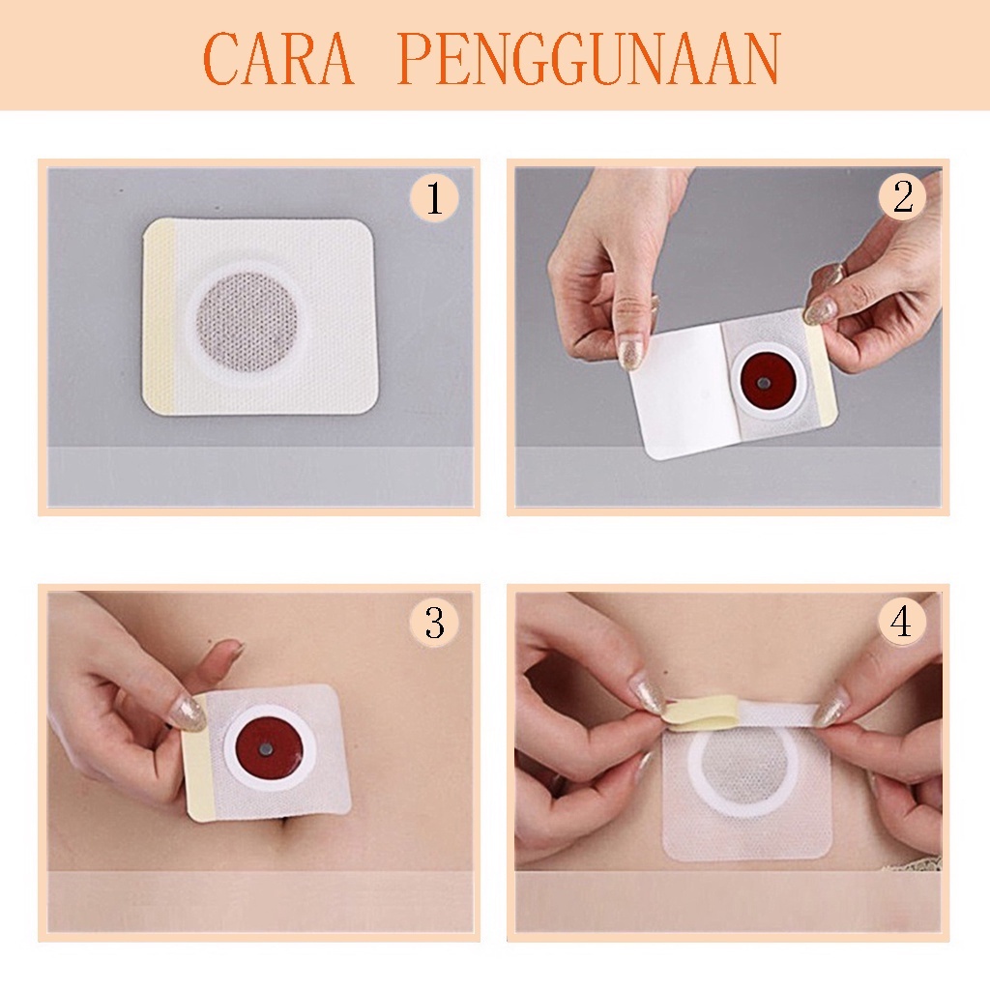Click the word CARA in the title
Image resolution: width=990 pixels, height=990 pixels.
click(278, 58)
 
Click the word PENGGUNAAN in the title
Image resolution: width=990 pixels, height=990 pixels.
click(589, 58)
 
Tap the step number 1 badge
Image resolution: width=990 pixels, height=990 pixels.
click(434, 197)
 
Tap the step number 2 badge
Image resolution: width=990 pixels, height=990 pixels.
click(902, 197)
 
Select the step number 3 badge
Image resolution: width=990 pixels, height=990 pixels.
click(434, 623)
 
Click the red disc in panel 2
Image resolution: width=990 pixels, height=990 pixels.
click(764, 381)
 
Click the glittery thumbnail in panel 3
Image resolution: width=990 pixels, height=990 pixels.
click(188, 714)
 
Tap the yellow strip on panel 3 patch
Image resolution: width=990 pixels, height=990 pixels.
click(200, 758)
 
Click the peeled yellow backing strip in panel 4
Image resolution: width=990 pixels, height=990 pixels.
click(701, 713)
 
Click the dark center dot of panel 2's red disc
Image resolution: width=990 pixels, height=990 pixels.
click(764, 381)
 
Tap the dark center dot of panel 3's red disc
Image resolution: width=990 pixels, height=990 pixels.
click(265, 749)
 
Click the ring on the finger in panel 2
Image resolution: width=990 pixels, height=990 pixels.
click(834, 273)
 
